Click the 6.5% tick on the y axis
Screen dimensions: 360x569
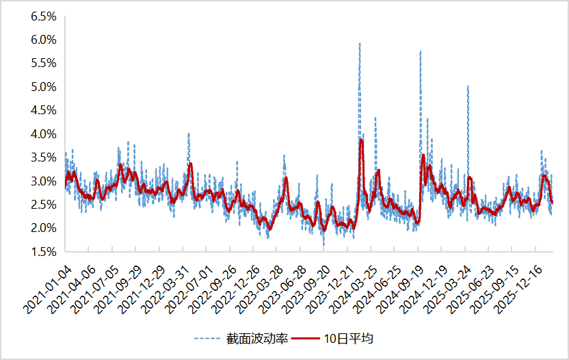point(43,16)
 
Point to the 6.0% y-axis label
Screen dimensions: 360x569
point(43,40)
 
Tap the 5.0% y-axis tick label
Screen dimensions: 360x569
point(43,87)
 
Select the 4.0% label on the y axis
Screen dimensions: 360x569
point(43,134)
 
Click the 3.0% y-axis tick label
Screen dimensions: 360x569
point(43,181)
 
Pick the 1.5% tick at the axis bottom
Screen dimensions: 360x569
point(43,252)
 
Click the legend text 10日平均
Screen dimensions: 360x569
point(349,338)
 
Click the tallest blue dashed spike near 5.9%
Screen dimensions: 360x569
point(360,44)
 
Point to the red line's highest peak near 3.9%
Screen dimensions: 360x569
point(360,140)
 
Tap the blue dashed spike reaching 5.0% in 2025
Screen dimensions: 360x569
point(468,87)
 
